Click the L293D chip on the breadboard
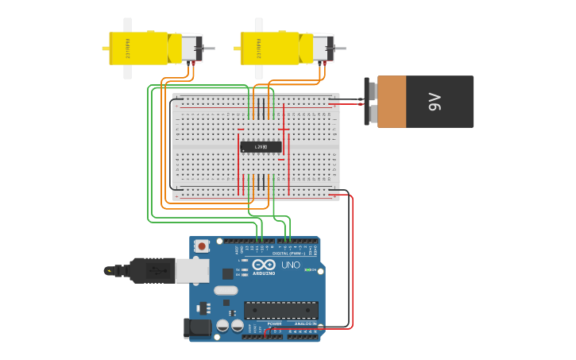(x=261, y=147)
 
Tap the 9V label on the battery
(x=434, y=102)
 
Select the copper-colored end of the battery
(x=391, y=102)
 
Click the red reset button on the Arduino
(x=202, y=246)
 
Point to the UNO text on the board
(x=291, y=265)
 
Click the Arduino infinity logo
(x=265, y=265)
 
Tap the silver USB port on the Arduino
(x=191, y=271)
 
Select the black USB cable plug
(x=151, y=271)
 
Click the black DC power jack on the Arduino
(x=196, y=327)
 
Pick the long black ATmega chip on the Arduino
(x=280, y=310)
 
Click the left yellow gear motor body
(x=139, y=48)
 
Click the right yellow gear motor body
(x=271, y=48)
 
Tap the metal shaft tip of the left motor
(x=210, y=48)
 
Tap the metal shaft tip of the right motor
(x=342, y=48)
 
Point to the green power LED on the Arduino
(x=307, y=270)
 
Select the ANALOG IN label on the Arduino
(x=304, y=324)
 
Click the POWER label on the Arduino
(x=274, y=324)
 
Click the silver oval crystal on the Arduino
(x=226, y=290)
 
